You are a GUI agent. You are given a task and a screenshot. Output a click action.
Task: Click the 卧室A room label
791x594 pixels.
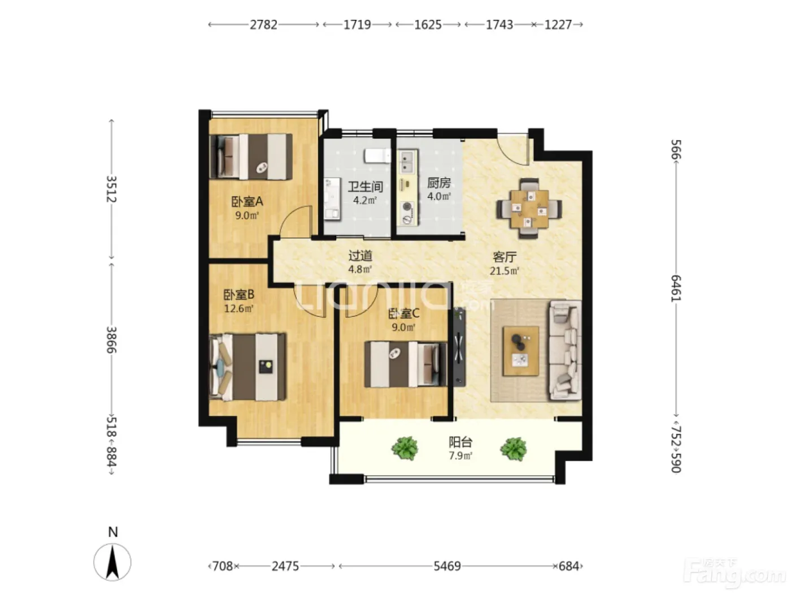247,201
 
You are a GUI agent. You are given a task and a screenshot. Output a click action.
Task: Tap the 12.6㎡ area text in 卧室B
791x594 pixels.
238,309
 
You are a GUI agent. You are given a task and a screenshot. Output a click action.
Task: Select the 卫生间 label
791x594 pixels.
365,187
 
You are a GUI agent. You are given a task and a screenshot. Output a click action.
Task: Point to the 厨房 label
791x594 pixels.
438,183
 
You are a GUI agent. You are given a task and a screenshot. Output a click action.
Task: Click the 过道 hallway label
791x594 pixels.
360,256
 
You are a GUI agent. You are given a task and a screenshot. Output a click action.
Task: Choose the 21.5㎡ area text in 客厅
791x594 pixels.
504,270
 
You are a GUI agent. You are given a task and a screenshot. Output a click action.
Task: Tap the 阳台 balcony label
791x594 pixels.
460,442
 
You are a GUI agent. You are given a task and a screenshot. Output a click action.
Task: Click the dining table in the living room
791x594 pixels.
529,208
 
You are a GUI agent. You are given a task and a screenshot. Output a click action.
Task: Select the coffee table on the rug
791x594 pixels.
521,351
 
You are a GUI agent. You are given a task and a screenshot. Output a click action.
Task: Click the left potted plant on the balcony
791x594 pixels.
405,448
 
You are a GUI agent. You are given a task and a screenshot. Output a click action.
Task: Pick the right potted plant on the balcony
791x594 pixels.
514,449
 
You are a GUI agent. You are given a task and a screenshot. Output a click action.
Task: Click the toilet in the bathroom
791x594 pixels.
377,156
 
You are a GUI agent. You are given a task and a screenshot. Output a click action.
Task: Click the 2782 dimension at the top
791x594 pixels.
263,24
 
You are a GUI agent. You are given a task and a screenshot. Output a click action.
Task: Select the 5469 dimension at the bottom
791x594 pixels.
447,566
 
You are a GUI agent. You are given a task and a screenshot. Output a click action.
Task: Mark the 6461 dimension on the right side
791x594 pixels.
676,288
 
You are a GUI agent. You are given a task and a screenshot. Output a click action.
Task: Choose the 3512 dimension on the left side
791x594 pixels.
111,189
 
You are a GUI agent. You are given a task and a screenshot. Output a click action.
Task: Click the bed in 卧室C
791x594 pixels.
406,364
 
